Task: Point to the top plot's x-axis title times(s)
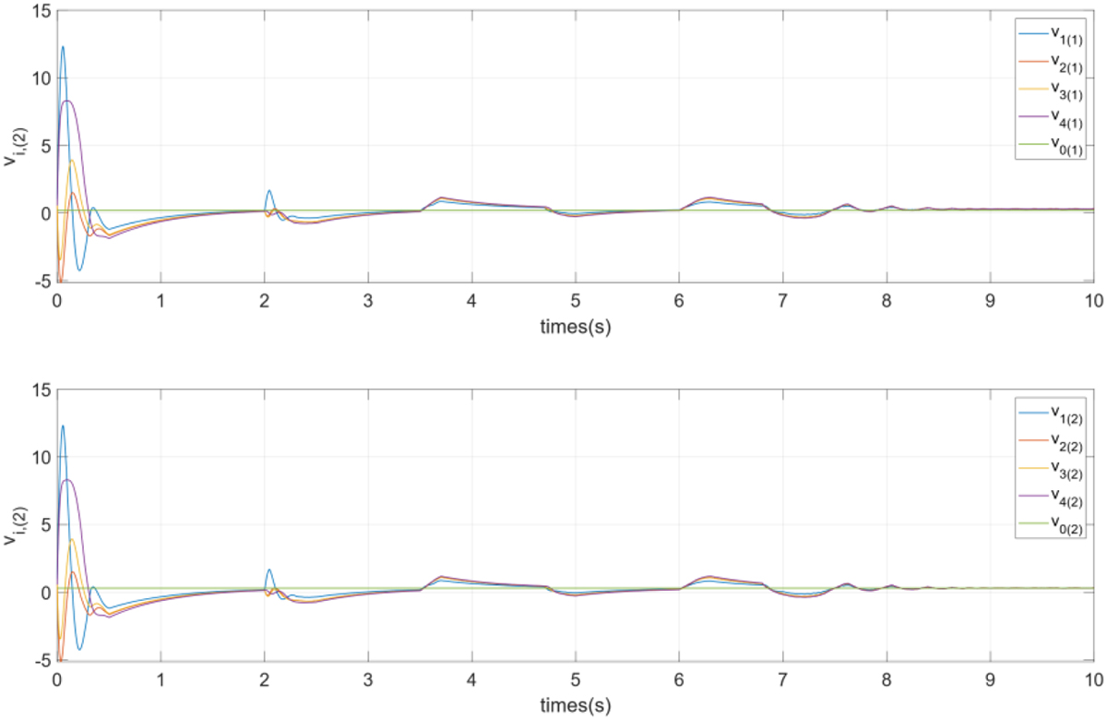(x=575, y=327)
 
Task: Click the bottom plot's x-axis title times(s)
(x=575, y=706)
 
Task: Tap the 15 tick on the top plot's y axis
(x=41, y=10)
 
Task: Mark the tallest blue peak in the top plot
(x=63, y=47)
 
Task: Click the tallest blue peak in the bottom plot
(x=63, y=426)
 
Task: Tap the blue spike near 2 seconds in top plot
(x=269, y=191)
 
